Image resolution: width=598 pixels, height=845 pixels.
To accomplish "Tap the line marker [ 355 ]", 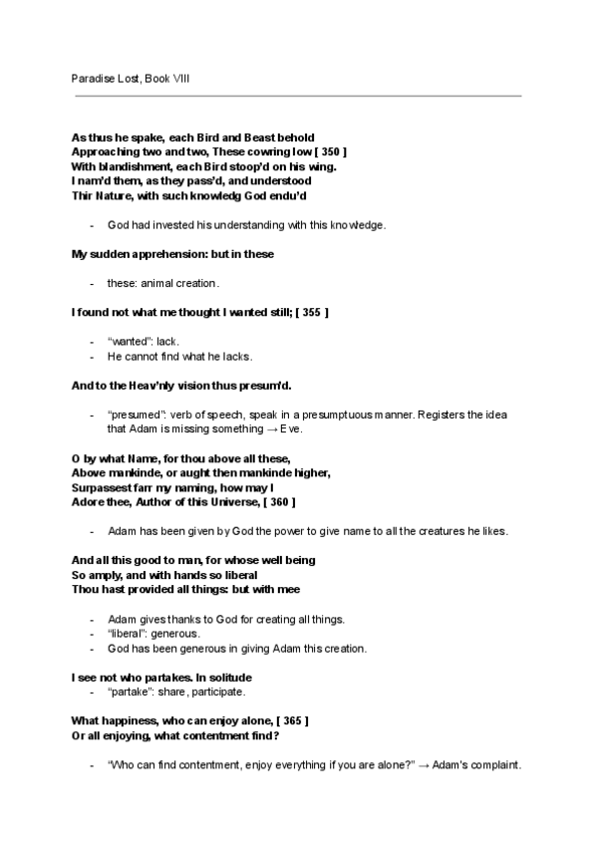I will tap(311, 313).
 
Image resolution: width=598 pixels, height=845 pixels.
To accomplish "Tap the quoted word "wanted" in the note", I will tap(124, 341).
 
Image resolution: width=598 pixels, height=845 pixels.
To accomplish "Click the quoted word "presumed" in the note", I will tap(133, 414).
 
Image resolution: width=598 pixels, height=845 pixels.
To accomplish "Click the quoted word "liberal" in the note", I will tap(125, 634).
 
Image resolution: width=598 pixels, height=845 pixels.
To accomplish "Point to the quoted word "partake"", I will tap(126, 692).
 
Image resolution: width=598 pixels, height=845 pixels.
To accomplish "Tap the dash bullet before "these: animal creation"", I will tap(92, 283).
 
